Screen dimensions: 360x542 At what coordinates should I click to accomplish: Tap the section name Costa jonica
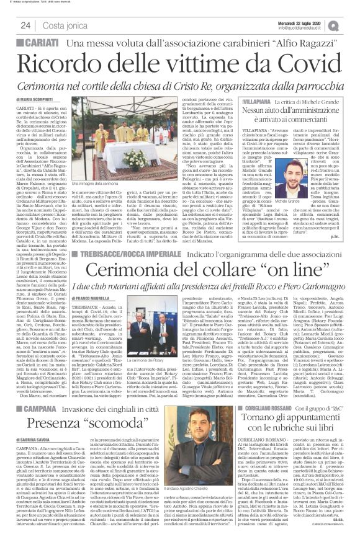pos(63,25)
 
